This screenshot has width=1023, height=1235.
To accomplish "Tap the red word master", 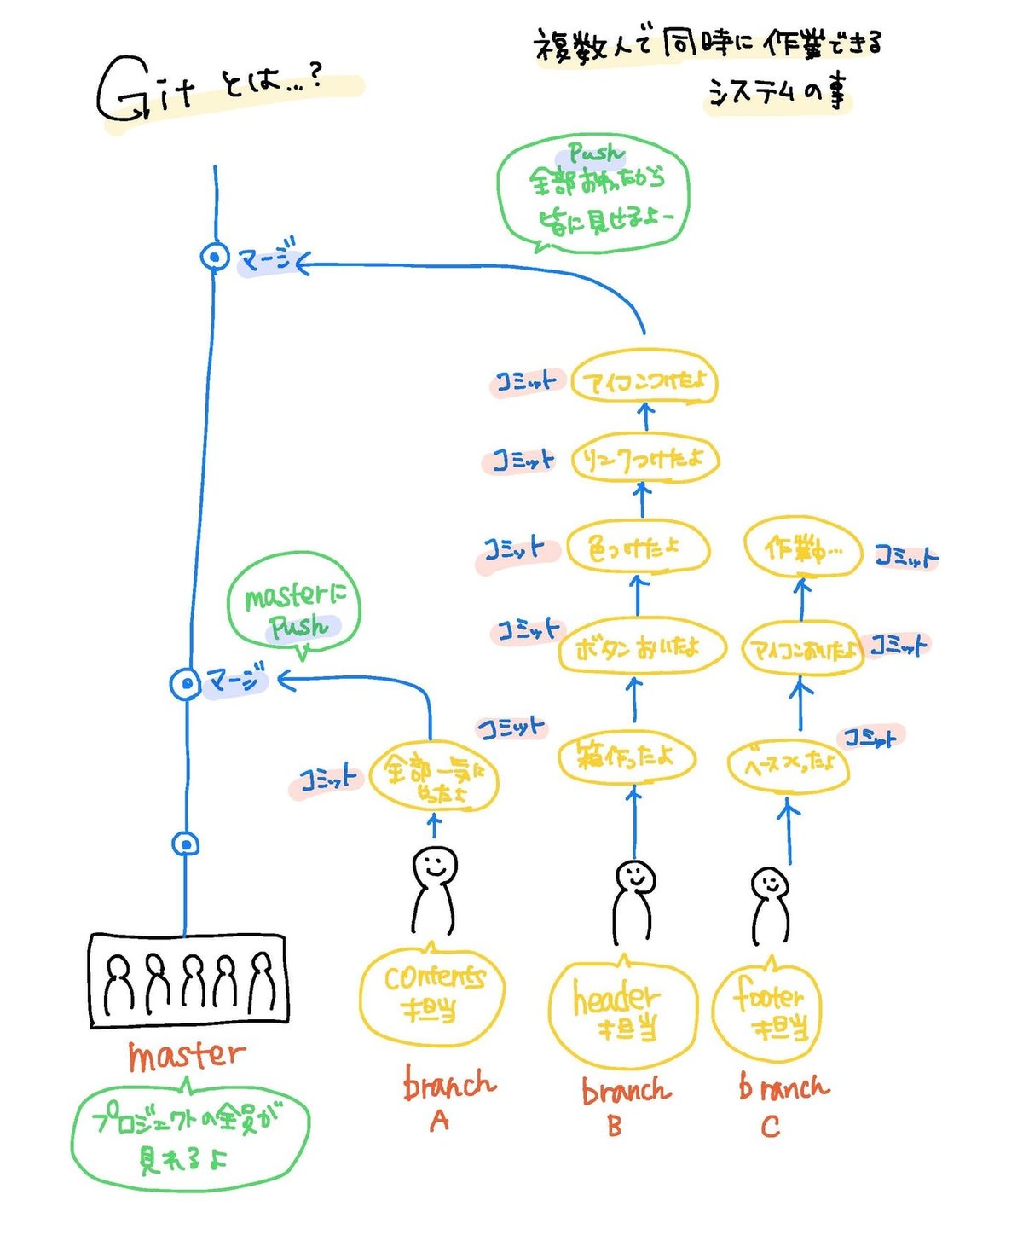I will tap(186, 1055).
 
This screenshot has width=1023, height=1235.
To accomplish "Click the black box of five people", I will tap(188, 979).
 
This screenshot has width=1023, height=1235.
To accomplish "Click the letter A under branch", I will tap(439, 1121).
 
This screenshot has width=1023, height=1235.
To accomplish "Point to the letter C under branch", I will tap(770, 1127).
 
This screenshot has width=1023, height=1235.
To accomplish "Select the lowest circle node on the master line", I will tap(186, 844).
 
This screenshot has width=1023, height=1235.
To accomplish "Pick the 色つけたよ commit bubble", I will tap(637, 548).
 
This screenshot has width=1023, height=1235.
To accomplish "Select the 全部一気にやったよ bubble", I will tap(434, 780).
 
